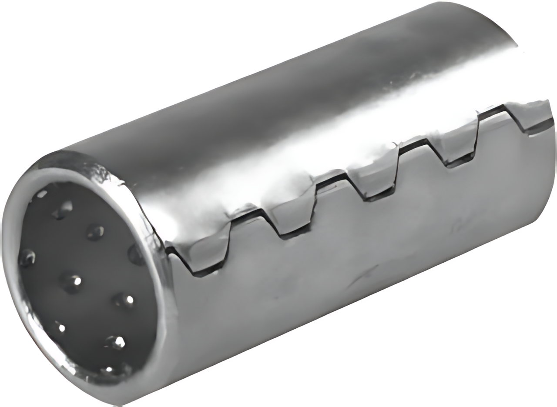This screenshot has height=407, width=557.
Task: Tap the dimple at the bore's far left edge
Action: (x=27, y=258)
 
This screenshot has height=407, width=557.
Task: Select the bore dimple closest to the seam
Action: (x=136, y=254)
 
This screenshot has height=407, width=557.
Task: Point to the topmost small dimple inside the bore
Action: (x=42, y=194)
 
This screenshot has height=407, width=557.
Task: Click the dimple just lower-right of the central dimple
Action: (x=124, y=300)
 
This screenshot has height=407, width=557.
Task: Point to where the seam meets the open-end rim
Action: (x=168, y=250)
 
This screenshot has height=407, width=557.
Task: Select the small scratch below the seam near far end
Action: (x=459, y=226)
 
